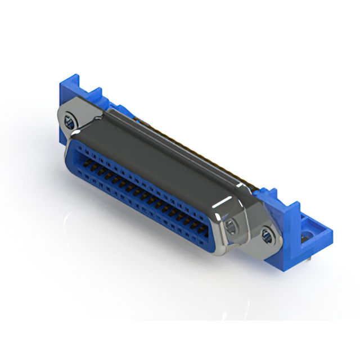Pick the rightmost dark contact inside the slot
[198, 225]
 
